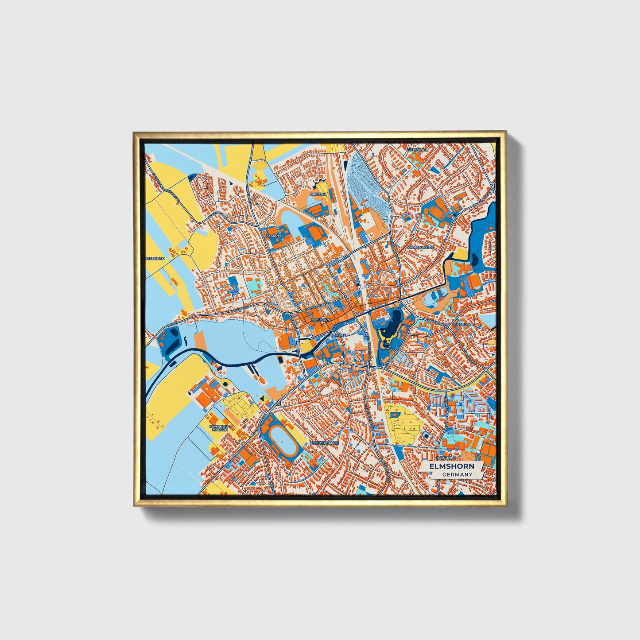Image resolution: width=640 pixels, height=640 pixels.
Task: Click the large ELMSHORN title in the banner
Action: pyautogui.click(x=451, y=466)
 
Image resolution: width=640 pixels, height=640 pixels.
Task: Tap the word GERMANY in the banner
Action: pyautogui.click(x=457, y=474)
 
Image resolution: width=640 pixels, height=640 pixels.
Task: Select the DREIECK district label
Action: pyautogui.click(x=318, y=194)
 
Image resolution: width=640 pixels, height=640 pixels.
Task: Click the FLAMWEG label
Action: pyautogui.click(x=273, y=237)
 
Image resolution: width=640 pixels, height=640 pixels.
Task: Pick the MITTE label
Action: pyautogui.click(x=341, y=336)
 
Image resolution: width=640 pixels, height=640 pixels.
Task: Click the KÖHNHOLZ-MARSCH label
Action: pyautogui.click(x=220, y=428)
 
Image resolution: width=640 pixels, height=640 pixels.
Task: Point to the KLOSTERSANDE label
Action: pyautogui.click(x=325, y=442)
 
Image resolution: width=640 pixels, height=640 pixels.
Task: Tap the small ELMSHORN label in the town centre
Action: pyautogui.click(x=320, y=319)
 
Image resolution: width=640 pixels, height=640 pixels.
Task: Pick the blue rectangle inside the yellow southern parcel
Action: pyautogui.click(x=393, y=415)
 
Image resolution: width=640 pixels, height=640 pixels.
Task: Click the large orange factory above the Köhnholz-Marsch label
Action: pyautogui.click(x=207, y=394)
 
